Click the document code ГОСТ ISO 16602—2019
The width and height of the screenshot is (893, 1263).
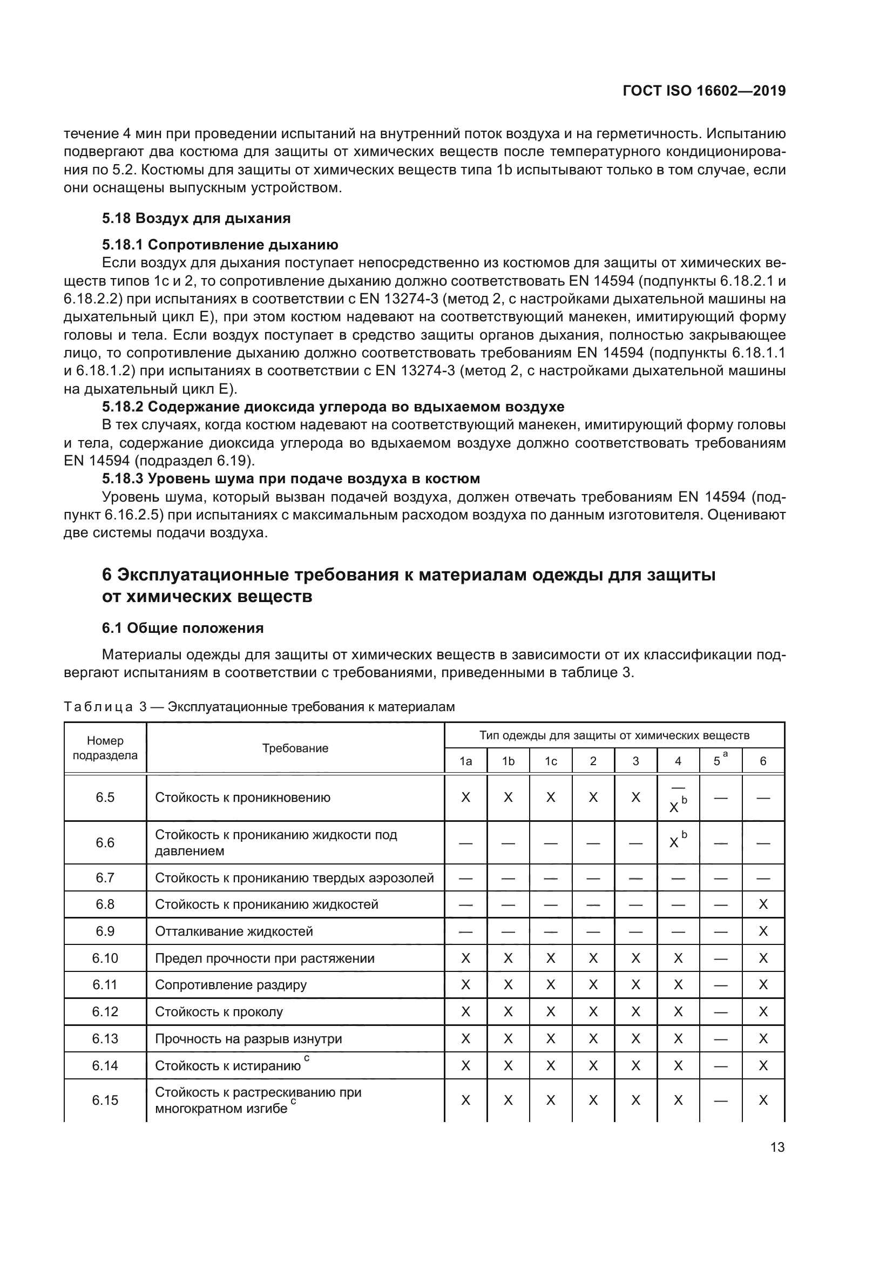coord(704,91)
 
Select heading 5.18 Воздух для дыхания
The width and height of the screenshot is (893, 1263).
coord(197,218)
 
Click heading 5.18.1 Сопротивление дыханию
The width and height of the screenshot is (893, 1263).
coord(220,244)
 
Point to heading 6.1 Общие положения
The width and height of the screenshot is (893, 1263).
coord(182,627)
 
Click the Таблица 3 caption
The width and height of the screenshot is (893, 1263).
coord(259,707)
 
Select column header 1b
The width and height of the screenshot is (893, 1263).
coord(508,761)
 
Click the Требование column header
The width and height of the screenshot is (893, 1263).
coord(295,748)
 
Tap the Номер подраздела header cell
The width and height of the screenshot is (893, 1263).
coord(105,748)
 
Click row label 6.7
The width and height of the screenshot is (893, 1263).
coord(105,878)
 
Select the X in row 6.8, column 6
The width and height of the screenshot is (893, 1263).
coord(763,905)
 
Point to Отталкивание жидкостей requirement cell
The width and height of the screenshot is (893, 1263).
coord(234,931)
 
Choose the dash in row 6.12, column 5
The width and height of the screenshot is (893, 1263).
coord(720,1012)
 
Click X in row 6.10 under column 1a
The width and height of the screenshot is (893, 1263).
coord(465,958)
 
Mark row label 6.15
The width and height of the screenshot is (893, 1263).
coord(105,1100)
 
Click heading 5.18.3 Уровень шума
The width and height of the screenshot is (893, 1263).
coord(291,478)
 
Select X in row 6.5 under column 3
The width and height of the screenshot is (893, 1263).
coord(635,798)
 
